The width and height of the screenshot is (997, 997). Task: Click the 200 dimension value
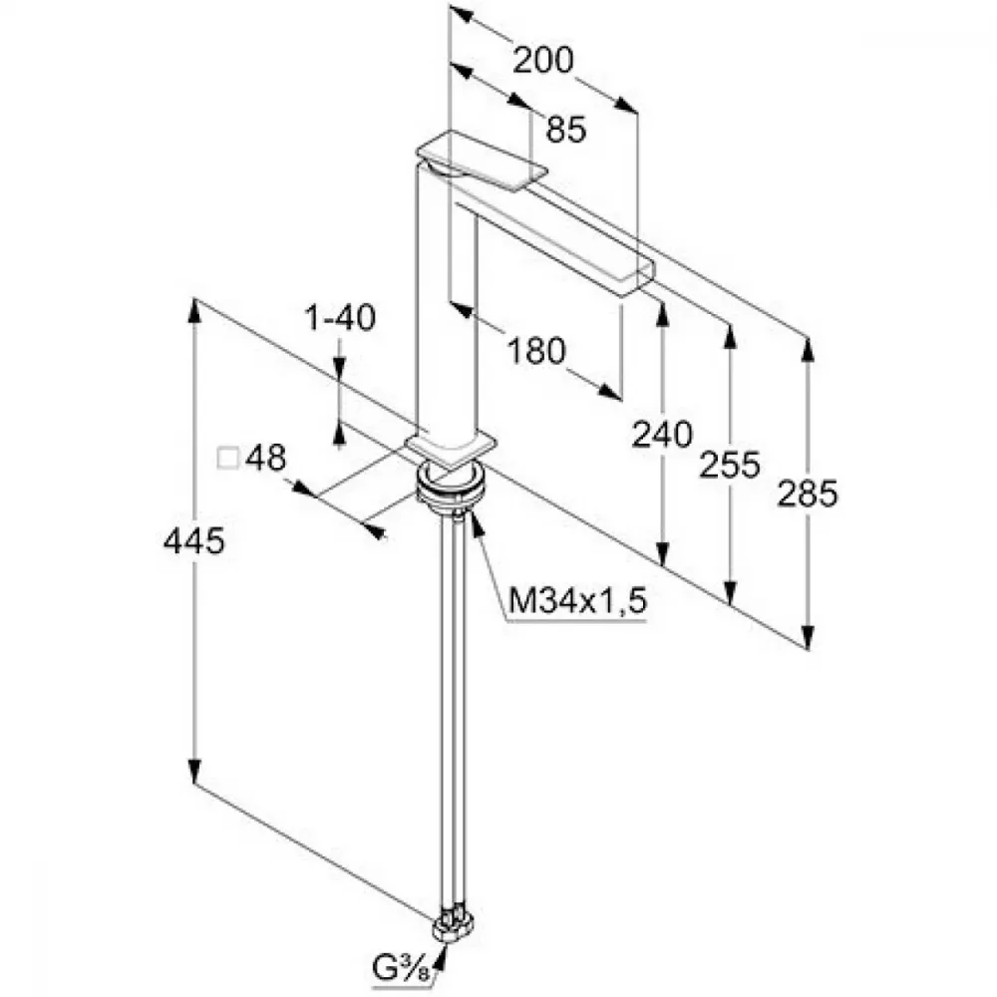point(542,61)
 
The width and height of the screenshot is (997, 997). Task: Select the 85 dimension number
point(566,129)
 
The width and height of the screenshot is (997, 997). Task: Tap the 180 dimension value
point(536,350)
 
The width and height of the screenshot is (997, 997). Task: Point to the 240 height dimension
point(661,435)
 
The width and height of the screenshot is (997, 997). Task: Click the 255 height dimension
point(730,464)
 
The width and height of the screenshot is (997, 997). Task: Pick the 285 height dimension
point(808,494)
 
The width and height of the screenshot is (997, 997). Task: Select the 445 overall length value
point(194,541)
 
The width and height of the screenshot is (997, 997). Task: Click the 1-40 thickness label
point(340,317)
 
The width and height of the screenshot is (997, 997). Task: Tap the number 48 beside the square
point(266,458)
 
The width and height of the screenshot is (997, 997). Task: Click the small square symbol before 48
point(227,459)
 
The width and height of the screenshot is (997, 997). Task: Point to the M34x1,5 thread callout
point(577,599)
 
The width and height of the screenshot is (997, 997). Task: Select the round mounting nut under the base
point(451,489)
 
